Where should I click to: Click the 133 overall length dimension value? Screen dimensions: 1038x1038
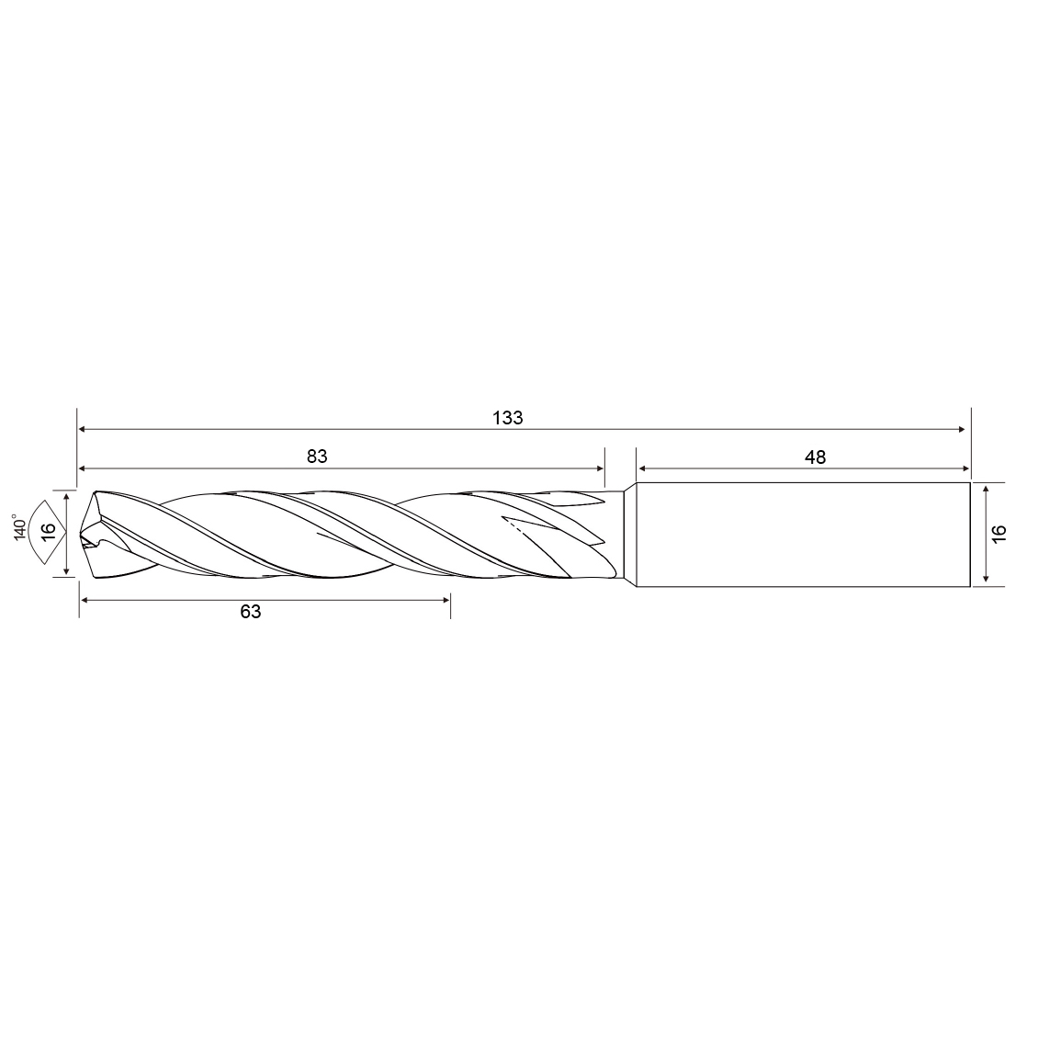click(508, 418)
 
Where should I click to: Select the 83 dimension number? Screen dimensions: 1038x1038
click(317, 457)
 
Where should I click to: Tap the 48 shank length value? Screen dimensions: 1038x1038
click(816, 457)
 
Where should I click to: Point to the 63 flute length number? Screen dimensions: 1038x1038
click(251, 612)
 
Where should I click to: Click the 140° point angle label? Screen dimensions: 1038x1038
click(20, 527)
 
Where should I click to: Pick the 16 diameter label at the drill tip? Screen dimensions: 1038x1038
click(49, 532)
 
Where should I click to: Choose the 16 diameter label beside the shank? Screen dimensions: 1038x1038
click(999, 534)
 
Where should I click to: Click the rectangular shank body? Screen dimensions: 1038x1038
click(803, 535)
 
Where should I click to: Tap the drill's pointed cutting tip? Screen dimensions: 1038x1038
click(82, 535)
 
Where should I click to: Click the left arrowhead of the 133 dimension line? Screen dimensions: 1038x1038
click(82, 430)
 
